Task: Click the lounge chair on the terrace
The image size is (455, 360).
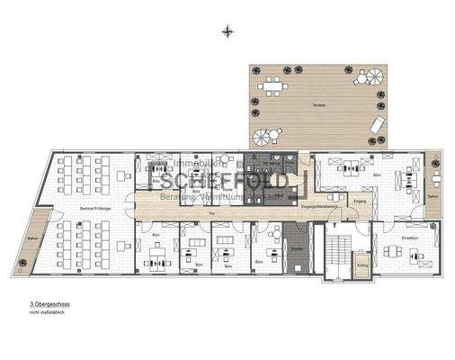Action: [x=377, y=125]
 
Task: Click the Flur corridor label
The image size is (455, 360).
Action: [x=211, y=213]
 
